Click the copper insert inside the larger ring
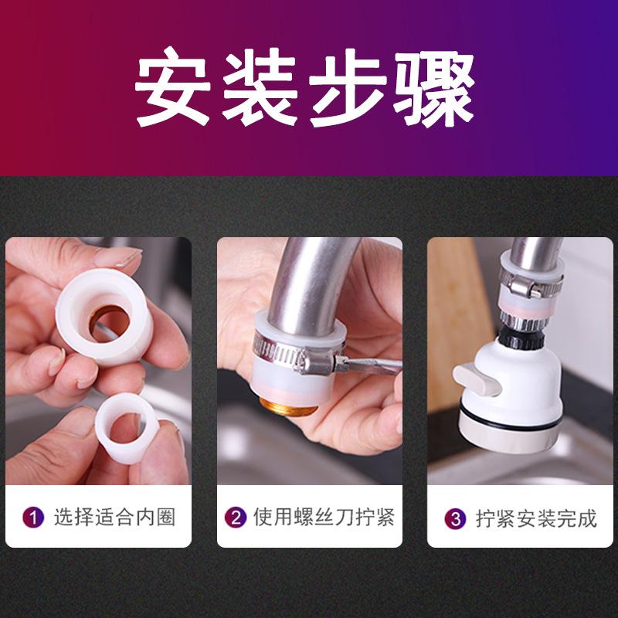coord(108,323)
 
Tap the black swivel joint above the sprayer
coord(519,338)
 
